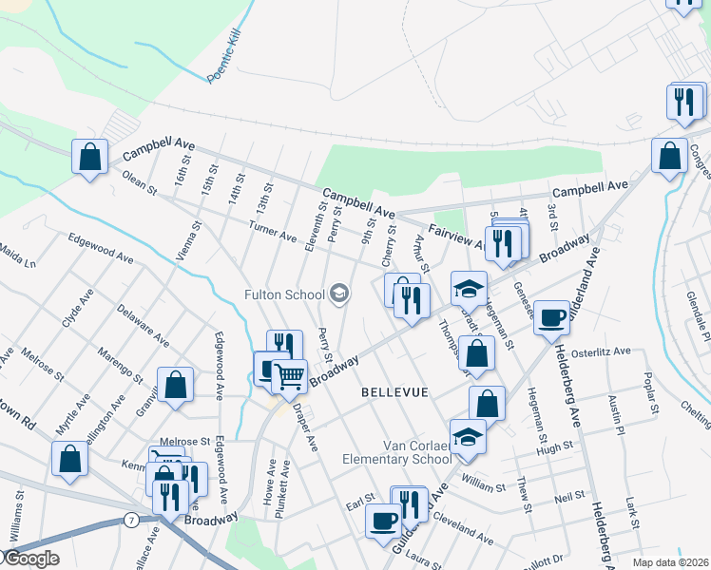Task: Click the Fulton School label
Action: pyautogui.click(x=284, y=294)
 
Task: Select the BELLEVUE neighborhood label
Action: pyautogui.click(x=394, y=391)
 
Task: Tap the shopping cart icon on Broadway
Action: pyautogui.click(x=289, y=375)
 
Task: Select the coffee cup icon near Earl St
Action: pyautogui.click(x=383, y=522)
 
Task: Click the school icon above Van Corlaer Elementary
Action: pyautogui.click(x=468, y=436)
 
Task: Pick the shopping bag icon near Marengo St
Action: pyautogui.click(x=176, y=386)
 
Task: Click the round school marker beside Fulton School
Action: pyautogui.click(x=340, y=294)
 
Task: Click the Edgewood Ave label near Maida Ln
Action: pyautogui.click(x=100, y=254)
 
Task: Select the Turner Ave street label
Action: pyautogui.click(x=272, y=228)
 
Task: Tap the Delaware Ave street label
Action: pyautogui.click(x=143, y=324)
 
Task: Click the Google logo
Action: pyautogui.click(x=30, y=559)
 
